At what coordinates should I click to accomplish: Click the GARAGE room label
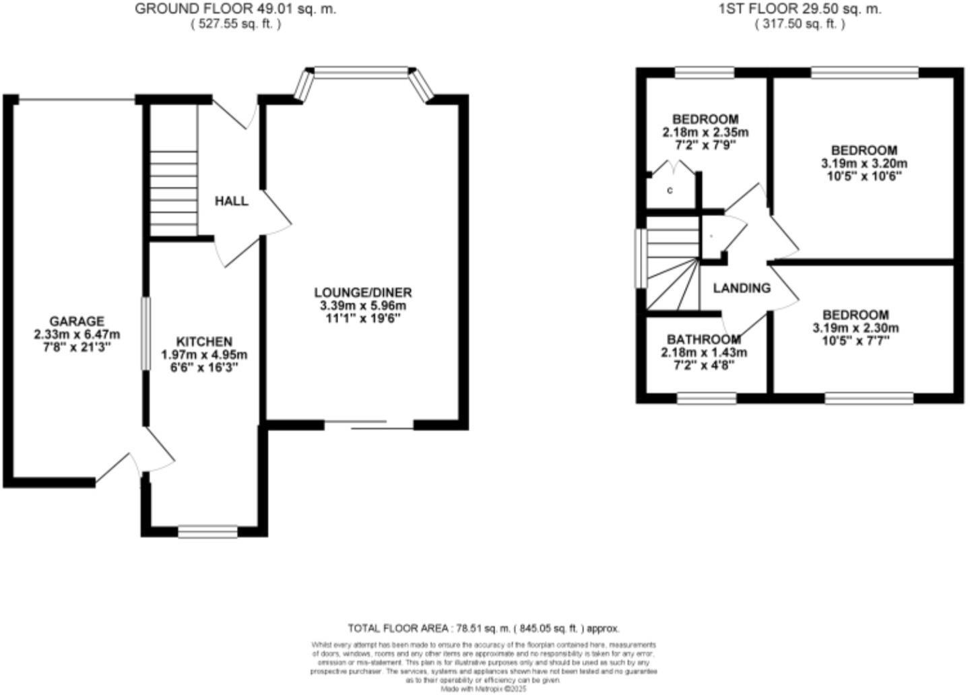pyautogui.click(x=77, y=321)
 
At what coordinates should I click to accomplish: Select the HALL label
pyautogui.click(x=231, y=201)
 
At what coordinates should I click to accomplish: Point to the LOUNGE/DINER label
pyautogui.click(x=362, y=292)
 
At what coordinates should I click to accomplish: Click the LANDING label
pyautogui.click(x=742, y=288)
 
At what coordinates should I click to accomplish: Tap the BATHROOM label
pyautogui.click(x=704, y=339)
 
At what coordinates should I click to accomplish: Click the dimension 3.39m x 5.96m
pyautogui.click(x=362, y=306)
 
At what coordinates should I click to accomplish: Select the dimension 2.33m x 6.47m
pyautogui.click(x=77, y=334)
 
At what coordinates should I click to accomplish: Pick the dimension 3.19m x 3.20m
pyautogui.click(x=864, y=163)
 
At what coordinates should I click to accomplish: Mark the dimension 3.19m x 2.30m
pyautogui.click(x=855, y=328)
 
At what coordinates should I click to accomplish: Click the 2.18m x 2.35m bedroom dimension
pyautogui.click(x=705, y=132)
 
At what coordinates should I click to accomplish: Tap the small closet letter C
pyautogui.click(x=670, y=191)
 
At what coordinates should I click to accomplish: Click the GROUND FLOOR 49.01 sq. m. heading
pyautogui.click(x=235, y=9)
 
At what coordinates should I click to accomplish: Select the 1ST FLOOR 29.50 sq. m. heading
pyautogui.click(x=800, y=9)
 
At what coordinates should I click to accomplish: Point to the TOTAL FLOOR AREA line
pyautogui.click(x=483, y=628)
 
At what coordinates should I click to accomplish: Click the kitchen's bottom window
pyautogui.click(x=207, y=533)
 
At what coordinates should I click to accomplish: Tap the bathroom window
pyautogui.click(x=707, y=399)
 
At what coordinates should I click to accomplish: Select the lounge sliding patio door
pyautogui.click(x=369, y=425)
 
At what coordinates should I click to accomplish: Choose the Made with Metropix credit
pyautogui.click(x=483, y=689)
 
